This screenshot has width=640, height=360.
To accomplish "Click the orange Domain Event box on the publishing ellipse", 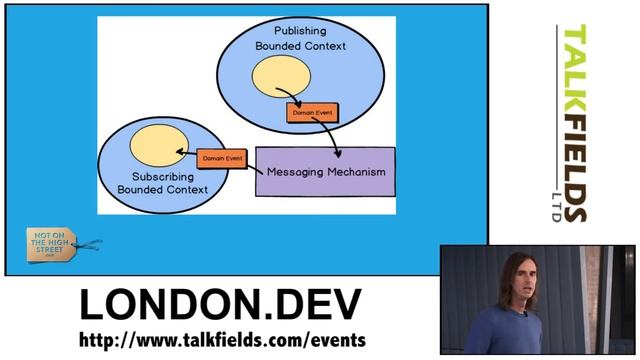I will (x=312, y=113).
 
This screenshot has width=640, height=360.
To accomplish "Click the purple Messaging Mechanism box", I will (x=326, y=171).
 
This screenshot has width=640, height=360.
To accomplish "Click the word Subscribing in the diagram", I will (x=162, y=176).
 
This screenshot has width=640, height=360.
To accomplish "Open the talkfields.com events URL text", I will (x=222, y=341).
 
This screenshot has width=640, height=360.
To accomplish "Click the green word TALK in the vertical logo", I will (x=576, y=60).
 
